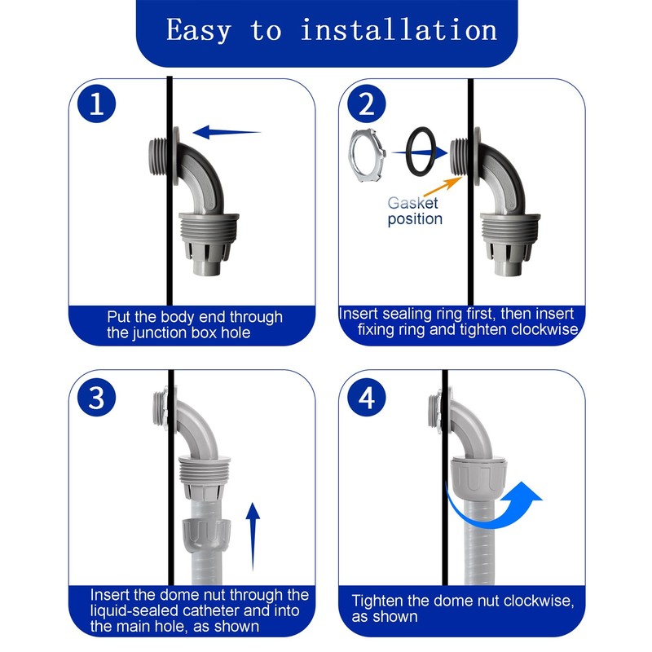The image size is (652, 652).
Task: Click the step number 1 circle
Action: pos(96,104)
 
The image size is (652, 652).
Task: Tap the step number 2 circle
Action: pos(366,104)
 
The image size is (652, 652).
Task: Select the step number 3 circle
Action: pos(96,398)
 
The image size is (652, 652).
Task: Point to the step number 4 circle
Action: pos(366,398)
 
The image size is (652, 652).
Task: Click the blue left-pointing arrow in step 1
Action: pos(227,132)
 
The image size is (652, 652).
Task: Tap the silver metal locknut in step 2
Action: pos(367,156)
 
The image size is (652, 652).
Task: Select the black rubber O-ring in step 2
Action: pos(421,152)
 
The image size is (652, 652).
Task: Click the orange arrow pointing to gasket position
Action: pos(443,187)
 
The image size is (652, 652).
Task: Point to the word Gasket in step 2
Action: pos(412,203)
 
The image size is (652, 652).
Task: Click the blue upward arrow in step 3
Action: pos(253,536)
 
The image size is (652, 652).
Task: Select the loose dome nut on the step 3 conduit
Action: pos(206,535)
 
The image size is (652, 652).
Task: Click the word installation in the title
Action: pos(399,30)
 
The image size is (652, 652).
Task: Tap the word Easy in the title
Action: pos(199,31)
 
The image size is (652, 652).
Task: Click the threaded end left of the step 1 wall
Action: pos(157,156)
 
